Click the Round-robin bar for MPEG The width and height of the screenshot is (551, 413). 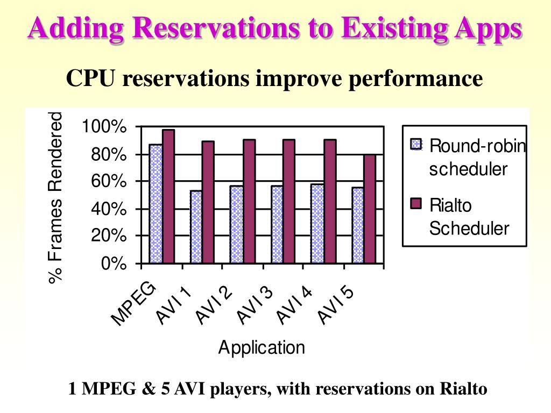coord(156,204)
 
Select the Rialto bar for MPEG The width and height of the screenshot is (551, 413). coord(168,197)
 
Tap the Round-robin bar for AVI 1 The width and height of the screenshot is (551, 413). coord(196,227)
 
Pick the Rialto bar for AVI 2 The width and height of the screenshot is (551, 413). coord(249,202)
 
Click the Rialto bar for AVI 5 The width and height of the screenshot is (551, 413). coord(370,209)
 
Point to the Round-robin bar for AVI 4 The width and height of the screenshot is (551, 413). coord(317,224)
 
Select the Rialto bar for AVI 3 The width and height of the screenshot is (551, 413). coord(289,202)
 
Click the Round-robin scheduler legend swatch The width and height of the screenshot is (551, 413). coord(416,145)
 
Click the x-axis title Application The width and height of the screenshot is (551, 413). coord(262,347)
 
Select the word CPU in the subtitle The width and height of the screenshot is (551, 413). coord(90,79)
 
